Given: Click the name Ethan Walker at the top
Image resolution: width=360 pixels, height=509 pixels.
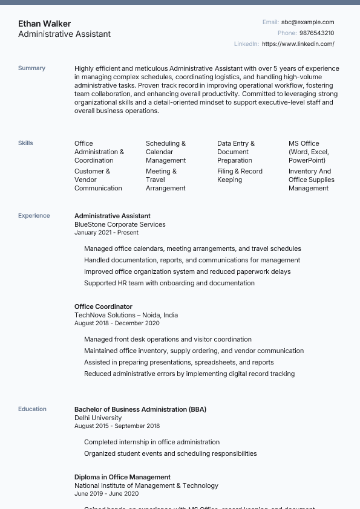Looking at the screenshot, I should (x=44, y=24).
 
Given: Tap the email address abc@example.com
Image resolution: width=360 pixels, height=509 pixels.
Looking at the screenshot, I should (x=307, y=22).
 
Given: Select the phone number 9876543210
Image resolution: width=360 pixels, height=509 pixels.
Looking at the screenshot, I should (x=316, y=33).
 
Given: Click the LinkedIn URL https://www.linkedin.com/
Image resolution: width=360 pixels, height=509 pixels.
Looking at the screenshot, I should (x=298, y=44).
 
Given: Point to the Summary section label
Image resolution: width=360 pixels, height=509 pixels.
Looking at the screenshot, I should (x=31, y=68).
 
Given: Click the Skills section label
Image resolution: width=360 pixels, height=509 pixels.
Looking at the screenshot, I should (x=25, y=143).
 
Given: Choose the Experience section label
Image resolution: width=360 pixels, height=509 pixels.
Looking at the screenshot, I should (x=34, y=216).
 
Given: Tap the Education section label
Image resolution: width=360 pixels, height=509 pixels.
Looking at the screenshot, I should (x=32, y=409).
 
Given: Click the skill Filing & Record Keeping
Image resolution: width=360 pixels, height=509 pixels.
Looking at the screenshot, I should (x=240, y=175).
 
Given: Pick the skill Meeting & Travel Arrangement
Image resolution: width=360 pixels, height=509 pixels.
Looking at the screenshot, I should (x=165, y=180).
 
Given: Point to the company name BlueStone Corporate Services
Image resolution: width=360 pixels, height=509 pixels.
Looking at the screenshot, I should (x=120, y=224).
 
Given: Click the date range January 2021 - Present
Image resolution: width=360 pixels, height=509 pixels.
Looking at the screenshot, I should (x=106, y=233).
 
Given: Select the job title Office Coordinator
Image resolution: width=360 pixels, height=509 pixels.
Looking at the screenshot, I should (x=103, y=306).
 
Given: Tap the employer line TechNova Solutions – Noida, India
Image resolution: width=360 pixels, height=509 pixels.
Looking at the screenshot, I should (x=126, y=315).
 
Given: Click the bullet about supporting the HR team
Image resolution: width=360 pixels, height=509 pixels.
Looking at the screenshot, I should (x=169, y=283).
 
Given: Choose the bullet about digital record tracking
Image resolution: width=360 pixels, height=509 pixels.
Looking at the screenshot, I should (x=189, y=374).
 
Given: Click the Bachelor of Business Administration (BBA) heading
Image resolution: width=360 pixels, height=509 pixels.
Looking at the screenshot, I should (x=140, y=409).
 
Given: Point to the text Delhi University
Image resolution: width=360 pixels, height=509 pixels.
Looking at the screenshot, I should (x=98, y=418).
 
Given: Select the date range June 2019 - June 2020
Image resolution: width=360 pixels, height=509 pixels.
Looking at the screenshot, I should (x=106, y=494).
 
